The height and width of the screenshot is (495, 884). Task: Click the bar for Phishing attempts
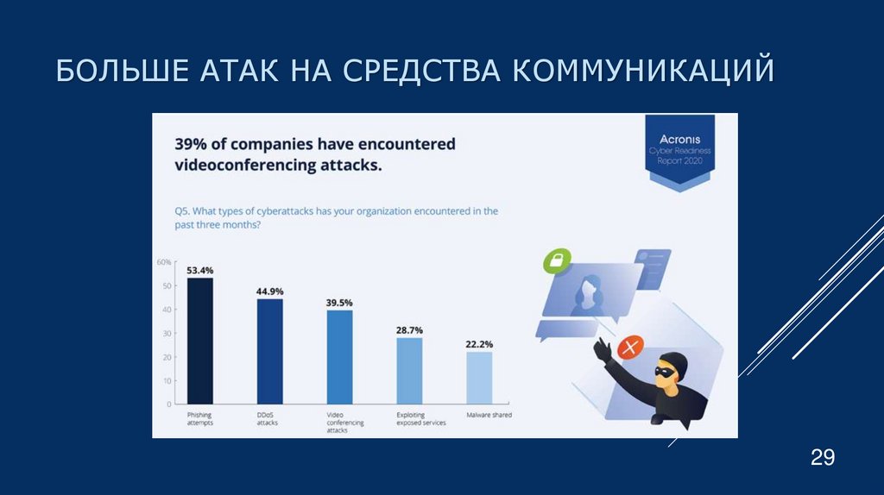click(200, 341)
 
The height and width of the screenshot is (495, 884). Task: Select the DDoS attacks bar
click(269, 351)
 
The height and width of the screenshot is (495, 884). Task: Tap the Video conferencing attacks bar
click(339, 357)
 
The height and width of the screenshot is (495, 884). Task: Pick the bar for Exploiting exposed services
click(409, 371)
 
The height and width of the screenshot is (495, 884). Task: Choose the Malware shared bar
click(479, 378)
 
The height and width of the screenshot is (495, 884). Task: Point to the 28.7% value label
click(409, 330)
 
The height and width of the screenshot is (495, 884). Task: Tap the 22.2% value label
click(479, 344)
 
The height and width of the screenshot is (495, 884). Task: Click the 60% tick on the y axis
click(164, 261)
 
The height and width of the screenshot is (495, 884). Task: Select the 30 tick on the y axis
click(167, 333)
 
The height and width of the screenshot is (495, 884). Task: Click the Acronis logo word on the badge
click(680, 139)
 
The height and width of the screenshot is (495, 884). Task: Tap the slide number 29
click(822, 457)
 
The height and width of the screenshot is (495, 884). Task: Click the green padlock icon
click(559, 260)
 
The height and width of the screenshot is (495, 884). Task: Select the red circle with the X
click(632, 347)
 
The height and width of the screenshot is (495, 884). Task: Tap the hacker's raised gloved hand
click(603, 348)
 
